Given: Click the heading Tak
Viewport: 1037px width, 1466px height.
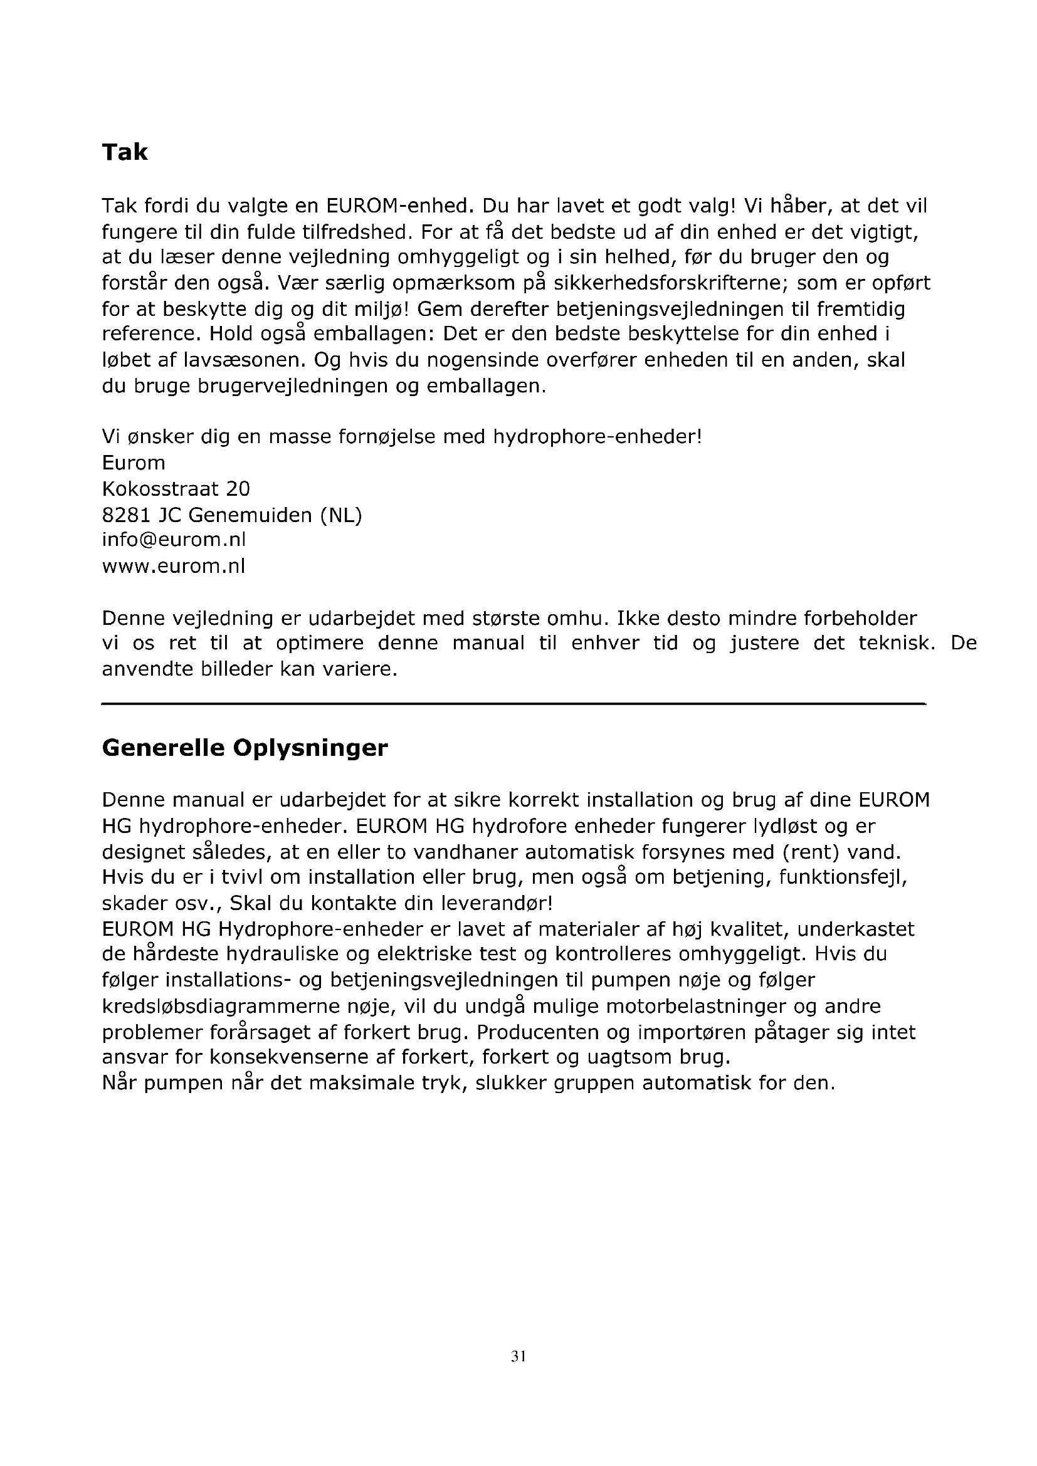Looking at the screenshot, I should coord(125,152).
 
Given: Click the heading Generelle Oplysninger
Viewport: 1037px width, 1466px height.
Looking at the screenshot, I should coord(245,748).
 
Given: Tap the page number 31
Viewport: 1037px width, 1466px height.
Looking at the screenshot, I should coord(518,1356).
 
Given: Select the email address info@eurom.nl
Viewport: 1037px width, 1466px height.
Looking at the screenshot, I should coord(174,540).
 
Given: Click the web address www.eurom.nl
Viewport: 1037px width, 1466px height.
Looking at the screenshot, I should coord(173,567).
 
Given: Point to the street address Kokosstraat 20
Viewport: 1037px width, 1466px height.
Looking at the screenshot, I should coord(176,489).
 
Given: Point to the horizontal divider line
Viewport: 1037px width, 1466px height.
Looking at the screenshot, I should coord(514,704).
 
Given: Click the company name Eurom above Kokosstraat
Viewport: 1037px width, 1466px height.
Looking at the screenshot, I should coord(134,463).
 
